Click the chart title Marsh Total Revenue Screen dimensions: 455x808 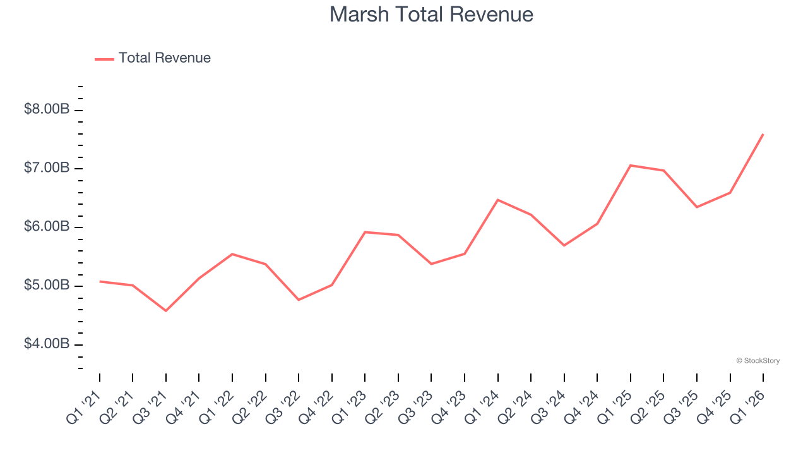tap(431, 15)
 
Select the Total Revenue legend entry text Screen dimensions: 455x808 tap(164, 58)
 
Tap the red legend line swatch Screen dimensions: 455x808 tap(104, 59)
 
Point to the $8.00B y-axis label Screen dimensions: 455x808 tap(47, 109)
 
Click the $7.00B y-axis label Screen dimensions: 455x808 tap(47, 168)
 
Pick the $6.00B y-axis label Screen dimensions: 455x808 tap(47, 227)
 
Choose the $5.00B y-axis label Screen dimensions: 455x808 tap(47, 286)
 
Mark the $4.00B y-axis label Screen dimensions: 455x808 tap(47, 344)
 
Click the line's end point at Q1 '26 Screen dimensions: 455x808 tap(763, 134)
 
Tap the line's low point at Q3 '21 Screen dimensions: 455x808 tap(166, 311)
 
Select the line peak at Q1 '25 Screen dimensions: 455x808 tap(631, 166)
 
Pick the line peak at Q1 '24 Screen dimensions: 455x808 tap(498, 200)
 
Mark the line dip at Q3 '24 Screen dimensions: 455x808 tap(564, 245)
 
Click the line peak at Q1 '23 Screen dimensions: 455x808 tap(365, 232)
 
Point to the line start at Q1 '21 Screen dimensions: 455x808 tap(100, 281)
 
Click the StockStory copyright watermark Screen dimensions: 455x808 tap(757, 361)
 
